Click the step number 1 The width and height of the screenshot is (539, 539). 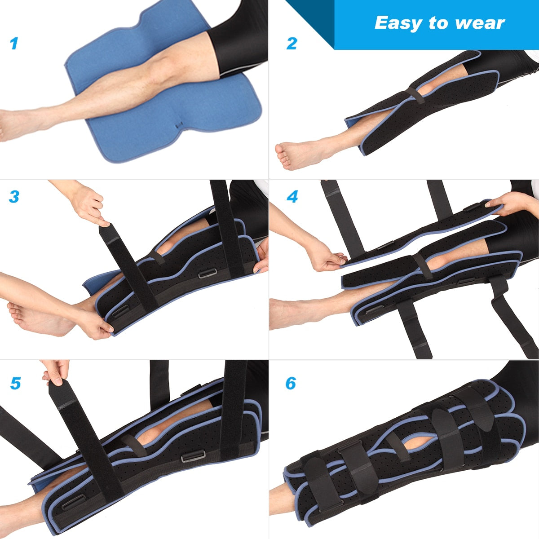[14, 44]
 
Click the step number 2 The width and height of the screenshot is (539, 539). [292, 44]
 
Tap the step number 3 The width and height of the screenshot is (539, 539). [14, 196]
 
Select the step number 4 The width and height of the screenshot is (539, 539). [292, 196]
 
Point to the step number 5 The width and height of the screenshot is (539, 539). [15, 384]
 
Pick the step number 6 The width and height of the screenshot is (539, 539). [291, 384]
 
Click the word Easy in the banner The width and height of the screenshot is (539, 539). [395, 23]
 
